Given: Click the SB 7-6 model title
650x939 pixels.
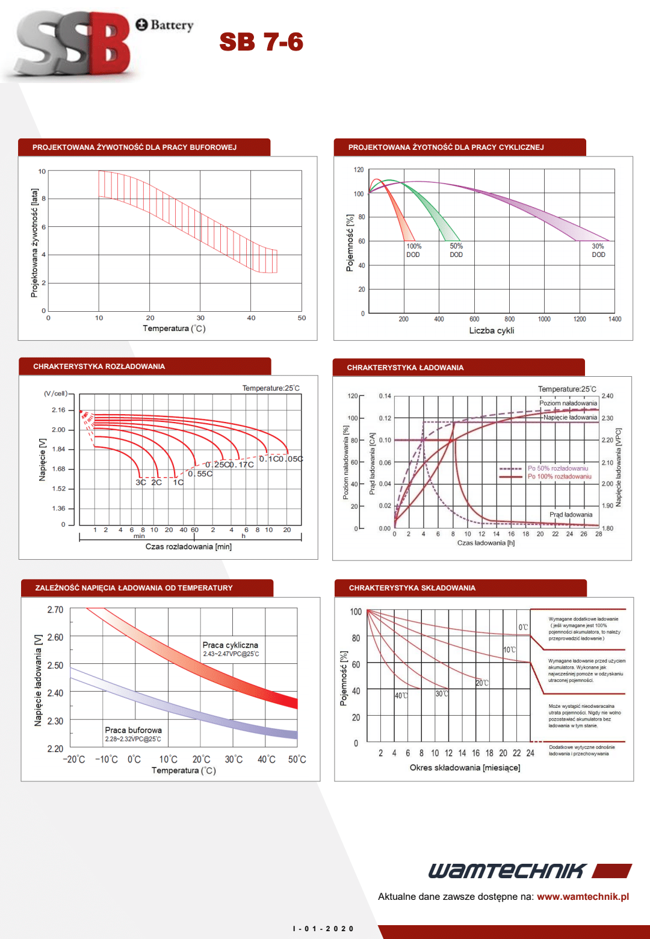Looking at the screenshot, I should pos(261,42).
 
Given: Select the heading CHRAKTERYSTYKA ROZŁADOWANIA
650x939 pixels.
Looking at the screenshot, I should pos(99,367).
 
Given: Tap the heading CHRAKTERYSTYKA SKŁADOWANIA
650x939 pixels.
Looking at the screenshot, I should pos(412,588).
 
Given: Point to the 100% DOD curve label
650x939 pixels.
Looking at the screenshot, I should pos(413,250).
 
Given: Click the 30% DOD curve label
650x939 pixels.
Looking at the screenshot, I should pos(598,250).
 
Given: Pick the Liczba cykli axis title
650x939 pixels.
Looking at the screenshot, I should pos(491,330).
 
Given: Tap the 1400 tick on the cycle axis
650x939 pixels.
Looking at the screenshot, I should pos(614,319).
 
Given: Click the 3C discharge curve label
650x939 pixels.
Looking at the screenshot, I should pos(141,482).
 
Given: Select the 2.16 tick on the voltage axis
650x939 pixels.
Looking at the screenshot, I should pos(58,410).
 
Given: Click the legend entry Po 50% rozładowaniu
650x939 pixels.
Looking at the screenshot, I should pos(557,468).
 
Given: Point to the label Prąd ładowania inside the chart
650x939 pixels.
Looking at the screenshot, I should pos(571,515).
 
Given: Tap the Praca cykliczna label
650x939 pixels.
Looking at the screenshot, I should pos(230,645).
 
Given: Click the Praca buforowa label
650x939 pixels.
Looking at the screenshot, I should pos(133,730).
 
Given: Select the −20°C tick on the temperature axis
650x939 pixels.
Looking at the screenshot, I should pos(74,760).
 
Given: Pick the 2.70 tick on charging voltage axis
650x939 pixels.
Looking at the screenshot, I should pos(55,610).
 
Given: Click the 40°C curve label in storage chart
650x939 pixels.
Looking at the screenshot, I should pos(401,696).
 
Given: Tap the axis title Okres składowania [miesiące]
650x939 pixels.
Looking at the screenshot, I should pos(465,767).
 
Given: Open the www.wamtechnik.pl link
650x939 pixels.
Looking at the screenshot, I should pos(583,896).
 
